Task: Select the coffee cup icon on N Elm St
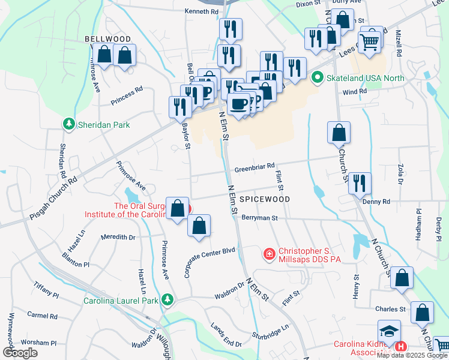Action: tap(238, 104)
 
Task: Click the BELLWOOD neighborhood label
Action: tap(107, 38)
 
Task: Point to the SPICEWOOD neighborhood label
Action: tap(265, 199)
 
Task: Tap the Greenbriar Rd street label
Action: tap(255, 166)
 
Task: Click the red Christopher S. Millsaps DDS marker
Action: tap(270, 255)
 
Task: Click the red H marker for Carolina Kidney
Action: tap(401, 346)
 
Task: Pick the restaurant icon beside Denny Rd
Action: tap(360, 182)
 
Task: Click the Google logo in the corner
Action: tap(20, 353)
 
